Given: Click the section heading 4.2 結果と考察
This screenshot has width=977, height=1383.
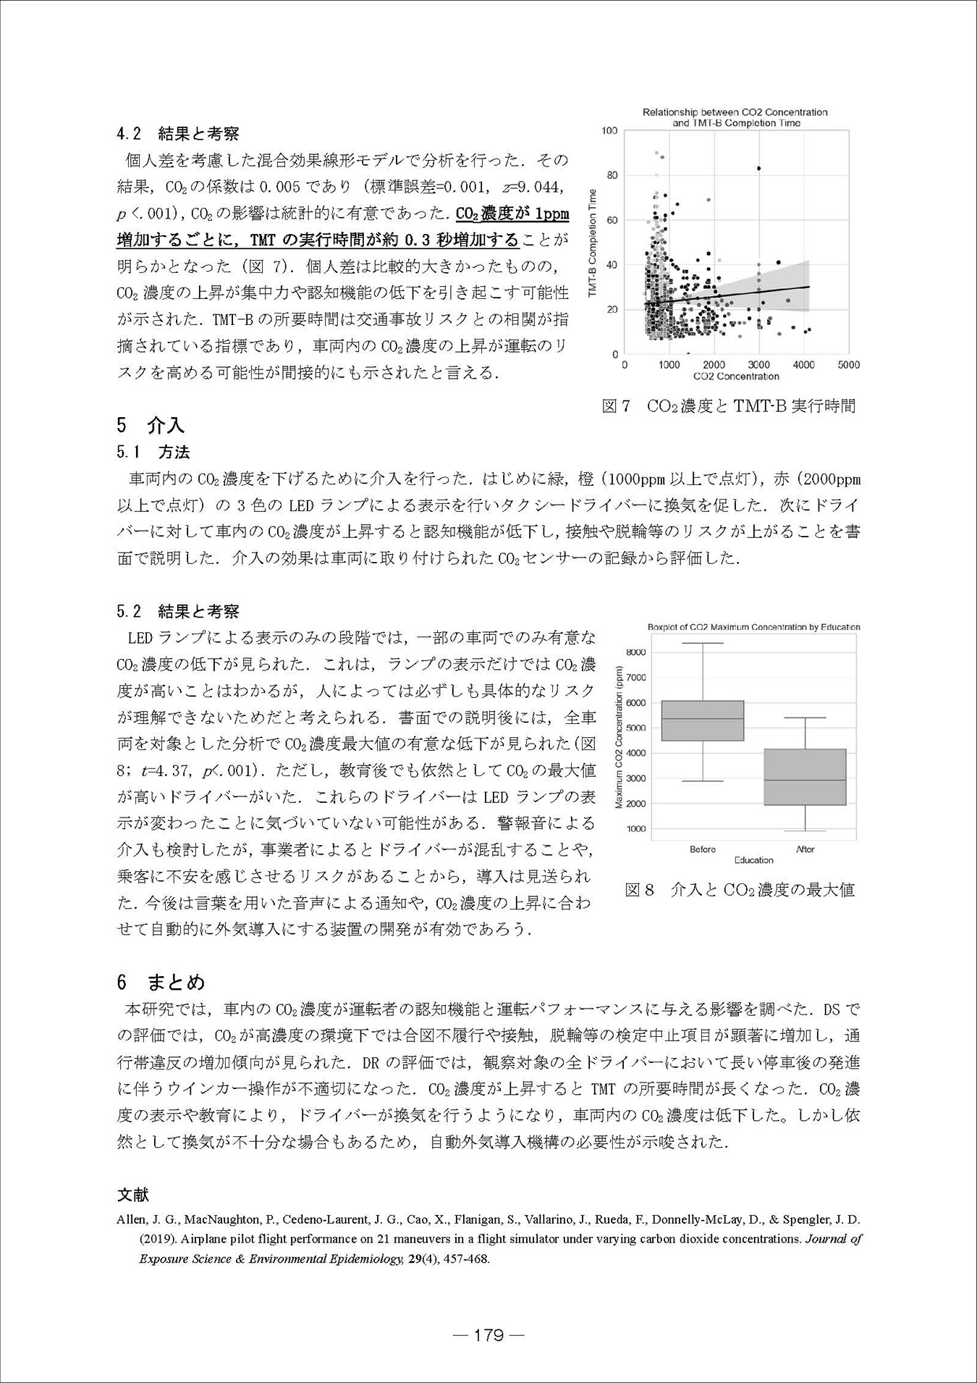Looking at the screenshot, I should click(178, 133).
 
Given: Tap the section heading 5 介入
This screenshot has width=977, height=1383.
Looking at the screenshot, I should click(151, 425).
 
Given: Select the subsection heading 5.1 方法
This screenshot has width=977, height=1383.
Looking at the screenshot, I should click(153, 453).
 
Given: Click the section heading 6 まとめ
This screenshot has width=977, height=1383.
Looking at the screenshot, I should click(161, 981).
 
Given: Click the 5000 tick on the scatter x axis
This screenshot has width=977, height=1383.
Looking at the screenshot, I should click(848, 365).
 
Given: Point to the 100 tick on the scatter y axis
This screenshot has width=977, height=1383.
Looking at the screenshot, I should click(609, 130).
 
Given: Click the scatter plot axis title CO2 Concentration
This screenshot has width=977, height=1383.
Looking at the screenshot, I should click(735, 377).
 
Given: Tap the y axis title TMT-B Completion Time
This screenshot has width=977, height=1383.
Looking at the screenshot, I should click(593, 243).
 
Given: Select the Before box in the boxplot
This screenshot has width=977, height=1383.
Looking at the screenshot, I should click(703, 720).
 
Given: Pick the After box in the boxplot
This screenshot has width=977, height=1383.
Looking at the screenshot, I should click(805, 777).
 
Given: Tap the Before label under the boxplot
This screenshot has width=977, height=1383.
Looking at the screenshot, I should click(703, 849).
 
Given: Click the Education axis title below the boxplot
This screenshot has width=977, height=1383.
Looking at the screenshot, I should click(753, 860).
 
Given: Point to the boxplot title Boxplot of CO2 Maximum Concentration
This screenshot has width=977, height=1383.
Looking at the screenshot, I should click(753, 627).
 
